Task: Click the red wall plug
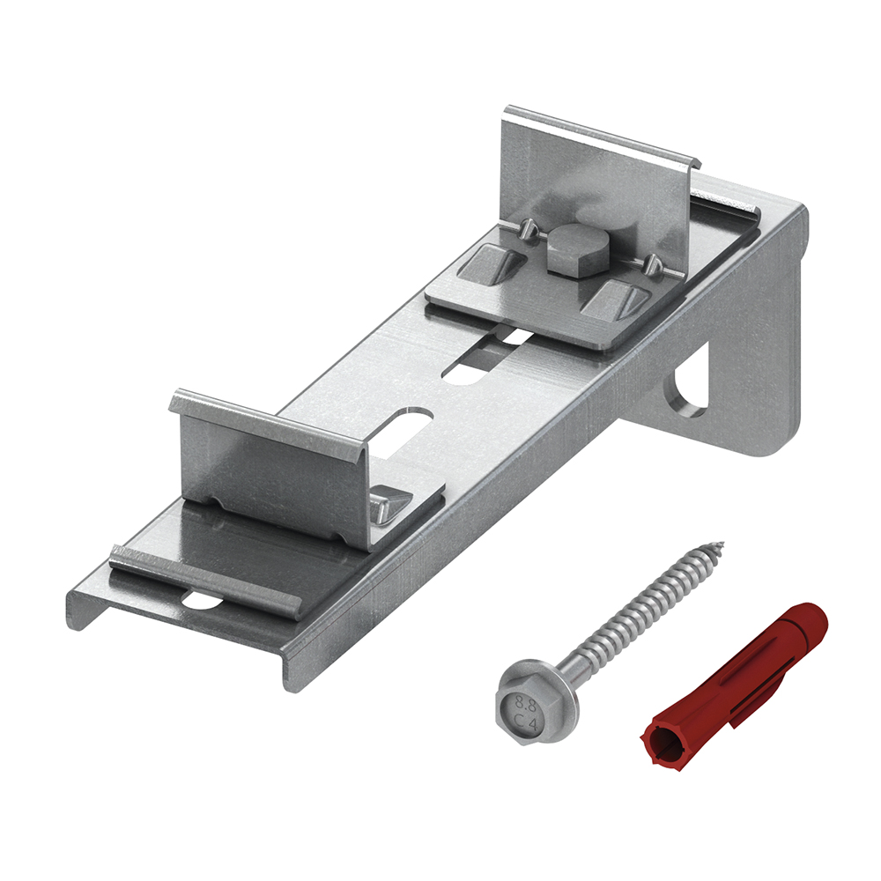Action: (x=736, y=680)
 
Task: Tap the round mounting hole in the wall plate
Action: (x=689, y=393)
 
